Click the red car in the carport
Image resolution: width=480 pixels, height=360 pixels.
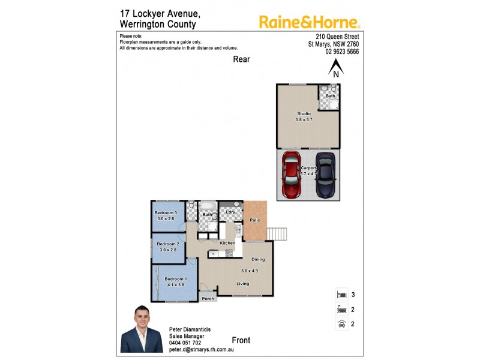(x=292, y=174)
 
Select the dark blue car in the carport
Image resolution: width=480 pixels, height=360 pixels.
(x=326, y=174)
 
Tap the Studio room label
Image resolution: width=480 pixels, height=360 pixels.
(x=304, y=113)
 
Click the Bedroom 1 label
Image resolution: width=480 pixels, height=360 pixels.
(x=176, y=279)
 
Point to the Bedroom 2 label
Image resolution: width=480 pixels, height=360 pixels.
(x=168, y=244)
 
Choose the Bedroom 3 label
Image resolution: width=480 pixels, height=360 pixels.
(x=166, y=213)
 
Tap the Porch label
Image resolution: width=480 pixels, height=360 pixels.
(x=208, y=298)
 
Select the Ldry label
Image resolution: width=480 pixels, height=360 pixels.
(x=230, y=212)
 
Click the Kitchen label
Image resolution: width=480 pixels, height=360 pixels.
(x=227, y=243)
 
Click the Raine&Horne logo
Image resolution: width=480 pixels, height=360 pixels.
(x=309, y=22)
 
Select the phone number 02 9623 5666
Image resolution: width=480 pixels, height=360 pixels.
(x=342, y=52)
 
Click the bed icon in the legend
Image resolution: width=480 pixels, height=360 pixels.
(x=341, y=295)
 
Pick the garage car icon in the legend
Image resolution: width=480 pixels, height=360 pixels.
(x=341, y=324)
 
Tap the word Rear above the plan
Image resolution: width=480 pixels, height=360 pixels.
(x=242, y=59)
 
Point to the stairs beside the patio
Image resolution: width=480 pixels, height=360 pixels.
(x=277, y=233)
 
